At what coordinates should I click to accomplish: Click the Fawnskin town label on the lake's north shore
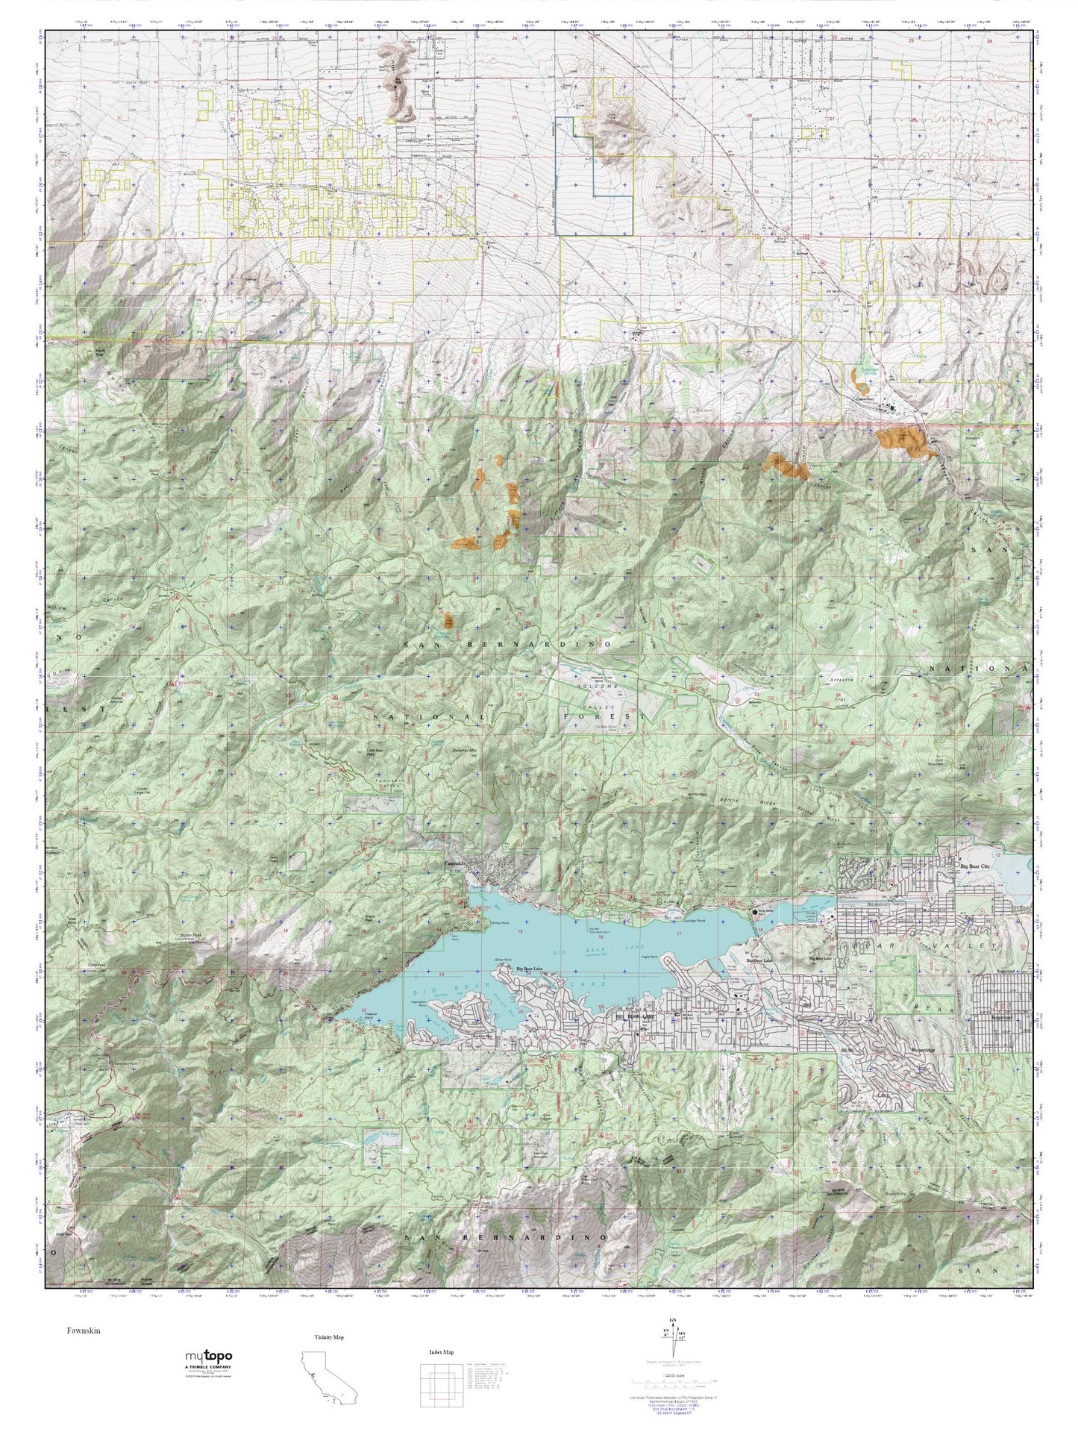(454, 864)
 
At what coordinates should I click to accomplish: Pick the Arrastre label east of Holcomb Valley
(839, 680)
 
